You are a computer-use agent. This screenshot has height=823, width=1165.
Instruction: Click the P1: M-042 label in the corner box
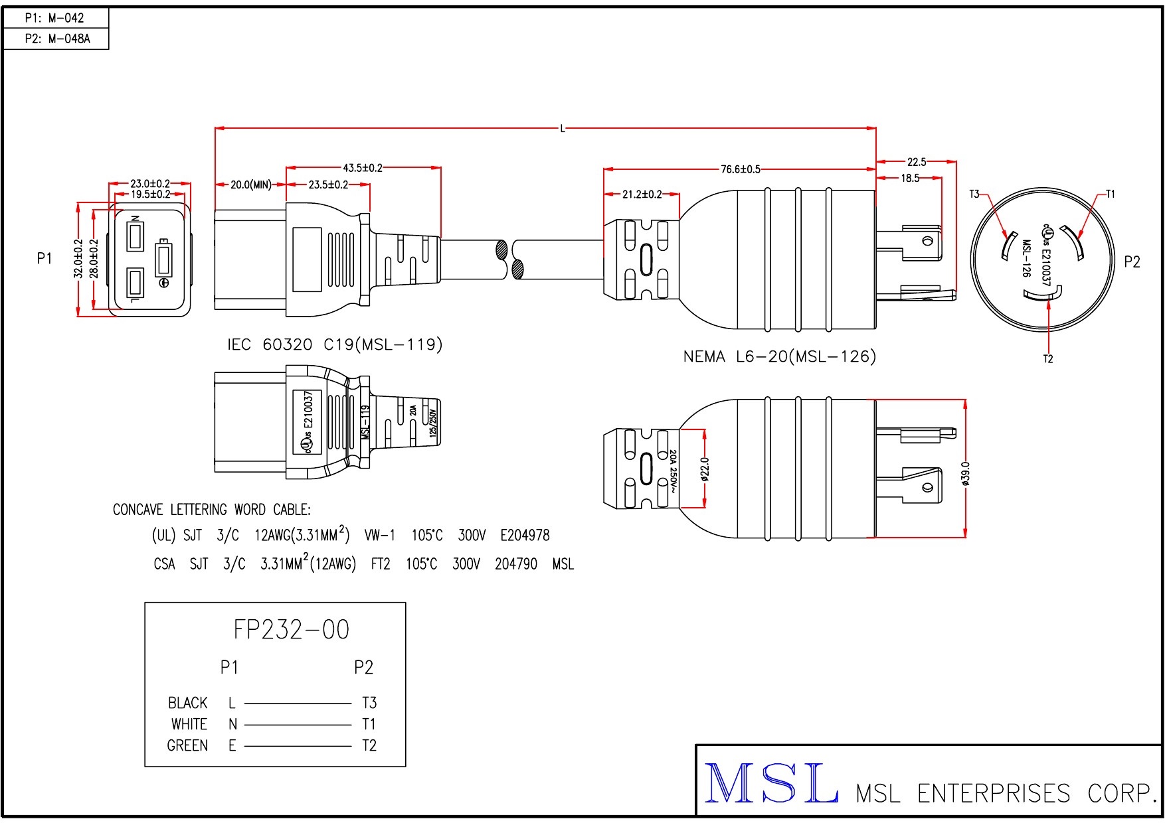pos(55,18)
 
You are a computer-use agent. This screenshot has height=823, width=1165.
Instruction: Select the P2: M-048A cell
pos(57,38)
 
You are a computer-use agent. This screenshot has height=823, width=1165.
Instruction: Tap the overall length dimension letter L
pos(563,128)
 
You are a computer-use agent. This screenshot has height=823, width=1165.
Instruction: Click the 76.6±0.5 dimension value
pos(741,169)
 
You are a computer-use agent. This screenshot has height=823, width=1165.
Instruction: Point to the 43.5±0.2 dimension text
pos(363,168)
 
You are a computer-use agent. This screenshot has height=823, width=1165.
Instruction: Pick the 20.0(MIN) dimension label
pos(251,185)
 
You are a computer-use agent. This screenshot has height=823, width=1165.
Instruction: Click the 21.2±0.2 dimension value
pos(642,194)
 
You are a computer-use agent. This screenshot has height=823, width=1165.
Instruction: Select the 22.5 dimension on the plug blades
pos(917,161)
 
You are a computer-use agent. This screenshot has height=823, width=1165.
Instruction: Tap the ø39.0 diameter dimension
pos(966,474)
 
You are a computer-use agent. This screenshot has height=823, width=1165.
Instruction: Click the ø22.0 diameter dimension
pos(705,469)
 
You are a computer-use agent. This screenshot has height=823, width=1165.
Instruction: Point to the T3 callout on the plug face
pos(974,194)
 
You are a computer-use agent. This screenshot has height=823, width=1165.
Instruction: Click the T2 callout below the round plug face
pos(1048,359)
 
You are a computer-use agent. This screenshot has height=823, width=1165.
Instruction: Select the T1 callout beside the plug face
pos(1111,194)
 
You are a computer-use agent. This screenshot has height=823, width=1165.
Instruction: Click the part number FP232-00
pos(291,629)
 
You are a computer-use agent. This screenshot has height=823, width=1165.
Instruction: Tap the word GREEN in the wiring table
pos(187,745)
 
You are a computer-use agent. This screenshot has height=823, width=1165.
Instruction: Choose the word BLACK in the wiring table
pos(187,702)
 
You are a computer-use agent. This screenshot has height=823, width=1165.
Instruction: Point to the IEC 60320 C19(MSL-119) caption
pos(335,344)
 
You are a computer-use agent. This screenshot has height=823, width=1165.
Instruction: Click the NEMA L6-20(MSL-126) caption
pos(780,356)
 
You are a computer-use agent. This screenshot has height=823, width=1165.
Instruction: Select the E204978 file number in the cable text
pos(525,535)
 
